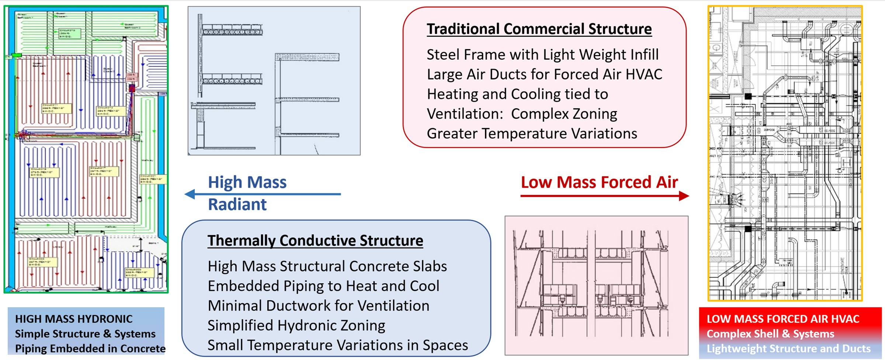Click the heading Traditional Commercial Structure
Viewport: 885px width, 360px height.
click(x=539, y=29)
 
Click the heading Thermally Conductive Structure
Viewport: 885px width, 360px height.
click(x=315, y=240)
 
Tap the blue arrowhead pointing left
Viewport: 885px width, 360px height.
click(x=190, y=194)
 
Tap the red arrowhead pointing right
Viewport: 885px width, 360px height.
click(x=684, y=196)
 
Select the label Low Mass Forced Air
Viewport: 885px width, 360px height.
click(x=599, y=182)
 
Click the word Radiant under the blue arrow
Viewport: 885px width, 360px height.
click(x=237, y=205)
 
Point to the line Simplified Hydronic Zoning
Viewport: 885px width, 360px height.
click(x=296, y=325)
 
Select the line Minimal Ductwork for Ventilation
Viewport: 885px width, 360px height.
click(x=318, y=306)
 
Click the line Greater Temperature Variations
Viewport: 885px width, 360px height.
click(x=532, y=134)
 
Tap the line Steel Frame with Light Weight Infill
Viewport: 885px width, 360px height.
click(x=542, y=55)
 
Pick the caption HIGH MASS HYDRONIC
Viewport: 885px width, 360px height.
click(x=74, y=319)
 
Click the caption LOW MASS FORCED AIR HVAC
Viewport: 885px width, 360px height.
click(x=782, y=319)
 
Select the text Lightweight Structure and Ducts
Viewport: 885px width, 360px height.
click(x=788, y=349)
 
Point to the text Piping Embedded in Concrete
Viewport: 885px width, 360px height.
click(x=90, y=349)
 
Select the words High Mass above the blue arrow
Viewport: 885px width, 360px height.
click(x=247, y=182)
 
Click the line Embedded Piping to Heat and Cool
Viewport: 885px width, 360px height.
click(x=323, y=286)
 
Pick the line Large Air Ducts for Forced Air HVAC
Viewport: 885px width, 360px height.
click(x=544, y=75)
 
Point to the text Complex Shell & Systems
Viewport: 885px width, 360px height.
click(x=770, y=334)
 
